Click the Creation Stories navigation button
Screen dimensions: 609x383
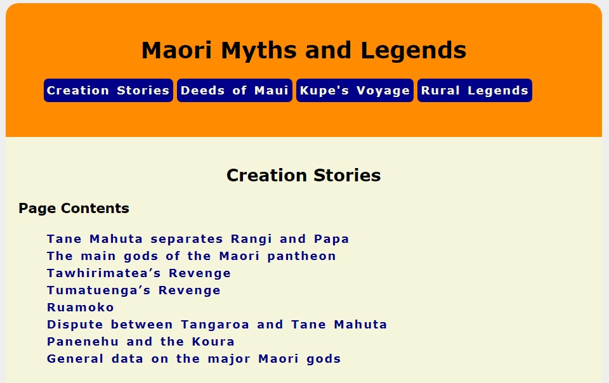[108, 91]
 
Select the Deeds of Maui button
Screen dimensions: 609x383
[235, 91]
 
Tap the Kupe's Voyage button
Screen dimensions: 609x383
[355, 91]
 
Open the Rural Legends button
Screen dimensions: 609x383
[475, 91]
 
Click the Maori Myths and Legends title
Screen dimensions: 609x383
[304, 51]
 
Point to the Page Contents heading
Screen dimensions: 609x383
[74, 209]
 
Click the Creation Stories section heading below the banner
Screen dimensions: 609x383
[304, 176]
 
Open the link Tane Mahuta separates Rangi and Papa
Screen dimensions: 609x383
[198, 239]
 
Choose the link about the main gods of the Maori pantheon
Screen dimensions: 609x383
[191, 256]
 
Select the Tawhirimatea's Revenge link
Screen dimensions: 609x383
[139, 273]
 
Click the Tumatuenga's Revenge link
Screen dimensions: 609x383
[134, 290]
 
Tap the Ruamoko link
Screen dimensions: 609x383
[81, 308]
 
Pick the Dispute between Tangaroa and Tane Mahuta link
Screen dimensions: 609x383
[217, 325]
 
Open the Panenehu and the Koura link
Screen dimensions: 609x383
[141, 342]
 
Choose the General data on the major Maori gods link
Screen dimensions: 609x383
[194, 359]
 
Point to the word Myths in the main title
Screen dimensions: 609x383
[258, 51]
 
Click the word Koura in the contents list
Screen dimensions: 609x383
[213, 342]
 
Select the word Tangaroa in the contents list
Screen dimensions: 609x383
[215, 325]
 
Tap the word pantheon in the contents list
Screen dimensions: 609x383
[301, 256]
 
